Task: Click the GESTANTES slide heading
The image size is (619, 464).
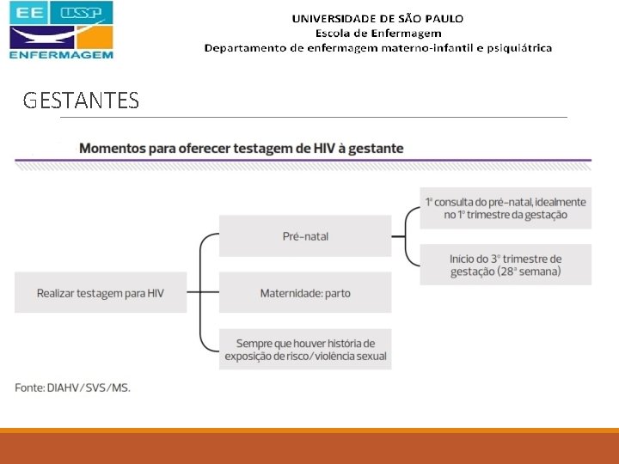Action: [81, 101]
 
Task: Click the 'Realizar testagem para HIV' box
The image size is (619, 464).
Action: [100, 293]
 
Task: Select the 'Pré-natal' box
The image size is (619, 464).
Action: [305, 235]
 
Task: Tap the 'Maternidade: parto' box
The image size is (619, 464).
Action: [305, 293]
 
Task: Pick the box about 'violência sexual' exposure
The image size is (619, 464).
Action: [305, 350]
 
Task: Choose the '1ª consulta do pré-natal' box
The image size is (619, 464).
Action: [506, 208]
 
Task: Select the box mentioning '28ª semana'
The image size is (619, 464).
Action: [506, 265]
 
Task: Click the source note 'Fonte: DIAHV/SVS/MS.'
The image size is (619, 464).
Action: [73, 388]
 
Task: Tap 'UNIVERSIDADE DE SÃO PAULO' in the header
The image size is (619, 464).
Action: [377, 18]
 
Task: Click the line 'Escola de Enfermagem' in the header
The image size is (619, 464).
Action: [378, 33]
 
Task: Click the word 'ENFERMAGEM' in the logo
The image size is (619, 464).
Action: [61, 53]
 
